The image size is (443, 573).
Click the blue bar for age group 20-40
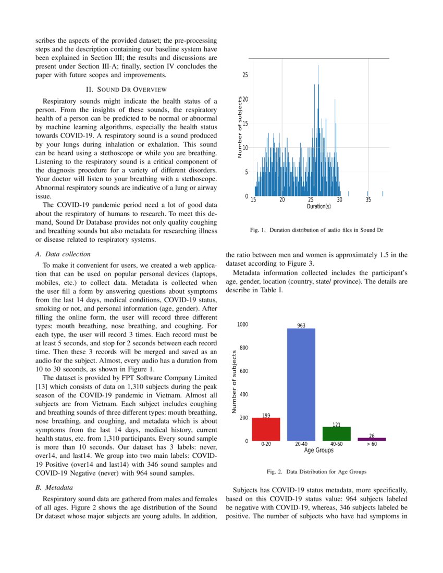click(301, 385)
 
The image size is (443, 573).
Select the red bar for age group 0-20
click(266, 429)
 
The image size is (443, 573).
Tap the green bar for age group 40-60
click(337, 434)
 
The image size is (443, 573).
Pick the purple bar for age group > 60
click(372, 439)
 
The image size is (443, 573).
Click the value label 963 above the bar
click(301, 326)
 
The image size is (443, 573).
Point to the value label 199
click(266, 415)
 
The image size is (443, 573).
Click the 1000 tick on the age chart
click(242, 325)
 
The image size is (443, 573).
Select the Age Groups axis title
click(318, 450)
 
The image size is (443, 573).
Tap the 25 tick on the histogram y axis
click(245, 75)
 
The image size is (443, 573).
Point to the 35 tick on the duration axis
click(368, 200)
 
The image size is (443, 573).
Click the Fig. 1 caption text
click(316, 230)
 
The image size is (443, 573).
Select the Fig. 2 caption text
click(316, 471)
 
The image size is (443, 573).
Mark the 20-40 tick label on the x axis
click(301, 444)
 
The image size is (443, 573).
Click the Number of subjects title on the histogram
click(239, 127)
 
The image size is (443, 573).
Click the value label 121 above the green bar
click(337, 425)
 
